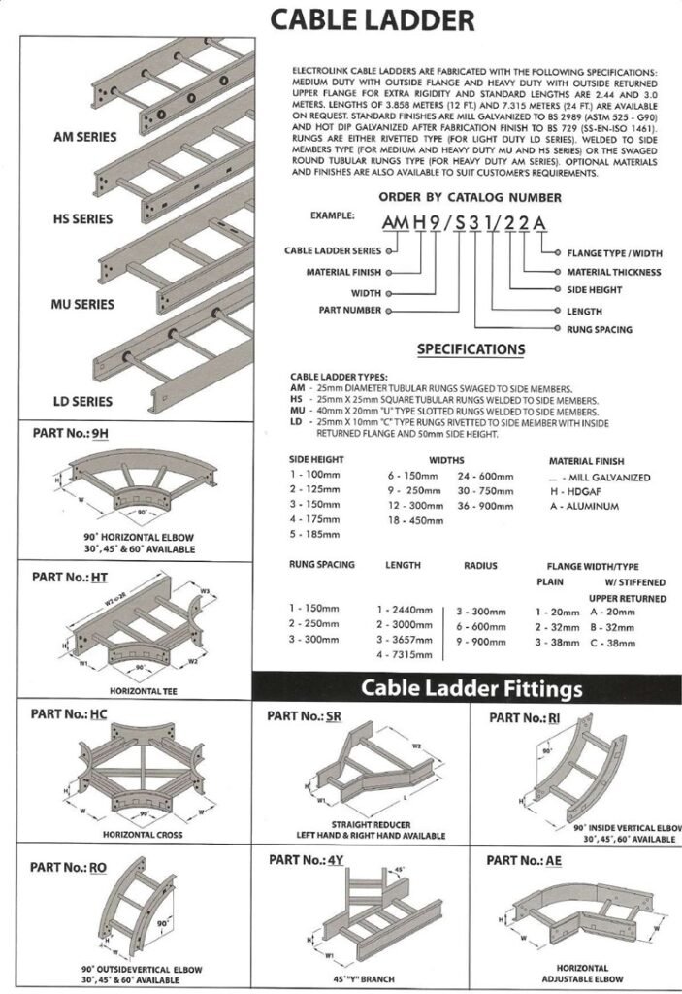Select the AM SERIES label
point(84,137)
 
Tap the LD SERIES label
point(82,401)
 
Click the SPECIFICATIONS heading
point(471,349)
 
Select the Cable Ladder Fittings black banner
point(471,689)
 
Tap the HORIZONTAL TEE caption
point(128,690)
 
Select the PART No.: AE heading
point(526,860)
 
